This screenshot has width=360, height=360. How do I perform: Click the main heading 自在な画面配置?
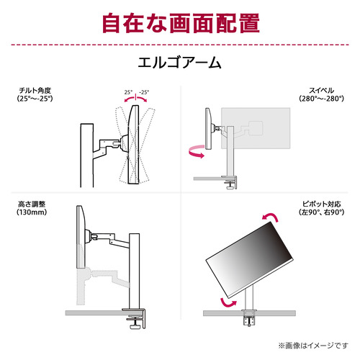(181, 23)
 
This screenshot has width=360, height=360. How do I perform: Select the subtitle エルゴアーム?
(179, 63)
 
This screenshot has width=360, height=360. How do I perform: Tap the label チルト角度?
(35, 90)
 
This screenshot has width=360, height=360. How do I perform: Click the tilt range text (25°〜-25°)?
(35, 99)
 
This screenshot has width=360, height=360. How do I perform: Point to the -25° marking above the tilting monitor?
(144, 92)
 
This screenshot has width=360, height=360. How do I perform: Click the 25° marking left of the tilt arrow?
(128, 92)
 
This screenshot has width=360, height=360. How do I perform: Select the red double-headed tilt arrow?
(135, 98)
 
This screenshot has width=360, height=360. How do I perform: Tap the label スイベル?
(321, 90)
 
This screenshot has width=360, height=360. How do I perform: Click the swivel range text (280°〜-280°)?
(321, 99)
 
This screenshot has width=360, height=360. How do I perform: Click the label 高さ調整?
(32, 204)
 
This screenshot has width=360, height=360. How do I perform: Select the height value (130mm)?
(32, 212)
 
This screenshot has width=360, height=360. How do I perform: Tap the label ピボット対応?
(321, 204)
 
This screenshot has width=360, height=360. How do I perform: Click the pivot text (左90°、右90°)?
(321, 212)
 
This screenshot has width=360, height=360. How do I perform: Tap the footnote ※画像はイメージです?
(313, 346)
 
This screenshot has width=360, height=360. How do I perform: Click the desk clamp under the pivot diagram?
(249, 318)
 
